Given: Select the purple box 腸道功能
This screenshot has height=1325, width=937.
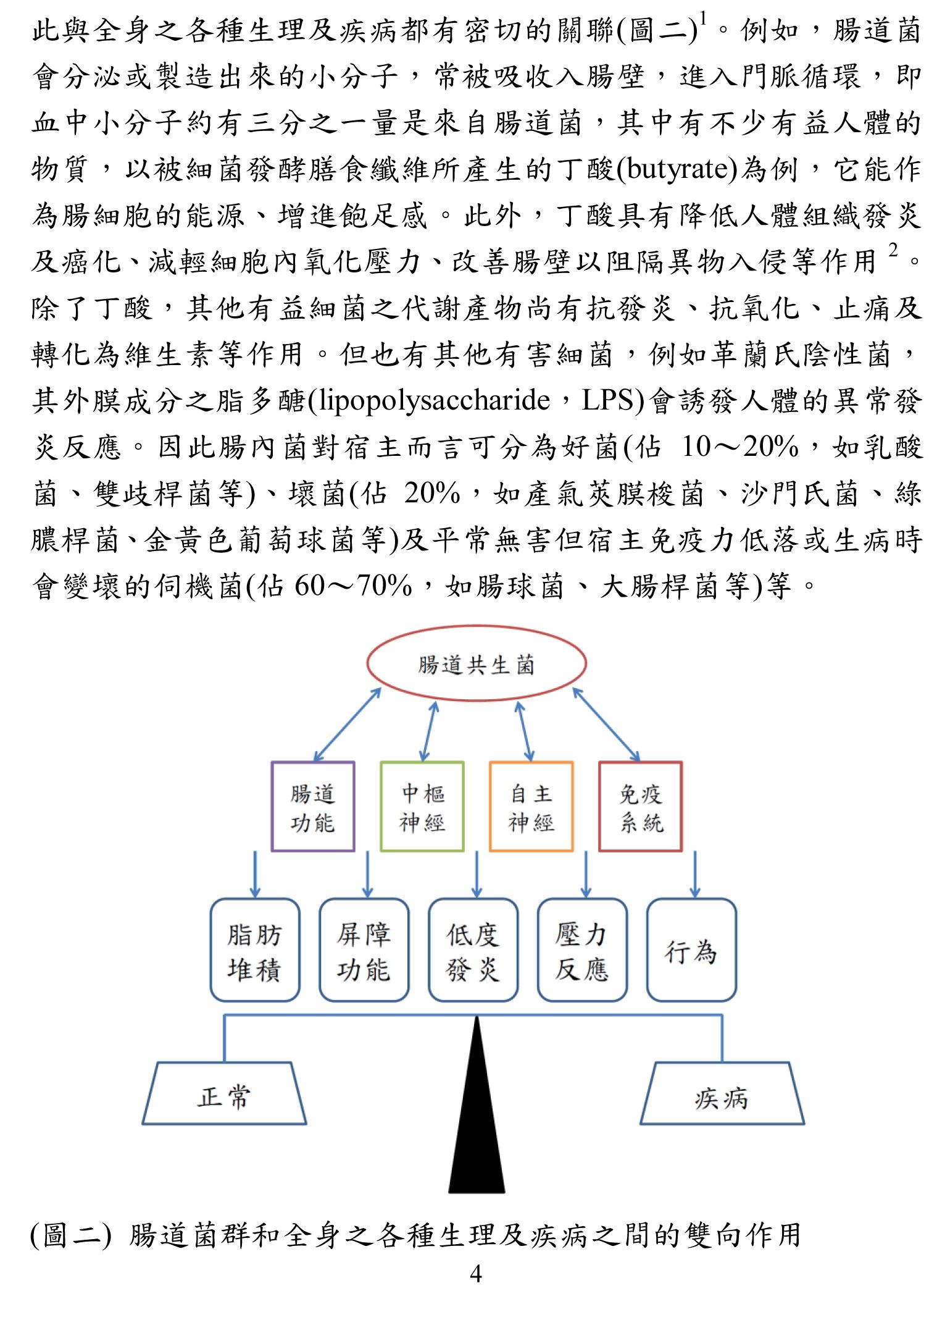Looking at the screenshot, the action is (272, 806).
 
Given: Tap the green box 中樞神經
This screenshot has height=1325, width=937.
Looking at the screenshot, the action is (381, 806).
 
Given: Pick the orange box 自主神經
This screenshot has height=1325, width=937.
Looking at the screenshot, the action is (490, 806).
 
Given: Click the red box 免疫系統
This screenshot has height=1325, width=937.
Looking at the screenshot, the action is (599, 806).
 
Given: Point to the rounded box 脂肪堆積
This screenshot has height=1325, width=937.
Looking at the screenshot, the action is (211, 950).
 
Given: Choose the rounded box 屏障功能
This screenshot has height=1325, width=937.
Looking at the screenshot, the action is (320, 950).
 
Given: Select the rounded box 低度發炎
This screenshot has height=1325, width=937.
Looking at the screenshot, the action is (430, 950).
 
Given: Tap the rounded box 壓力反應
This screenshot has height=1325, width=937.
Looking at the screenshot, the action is (539, 950).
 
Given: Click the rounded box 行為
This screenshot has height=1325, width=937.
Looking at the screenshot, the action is (648, 950).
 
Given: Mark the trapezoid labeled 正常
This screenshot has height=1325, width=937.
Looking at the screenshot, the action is (224, 1063).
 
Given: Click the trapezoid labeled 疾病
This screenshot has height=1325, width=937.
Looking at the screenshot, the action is (722, 1063).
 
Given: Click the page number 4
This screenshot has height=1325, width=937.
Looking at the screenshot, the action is (475, 1274).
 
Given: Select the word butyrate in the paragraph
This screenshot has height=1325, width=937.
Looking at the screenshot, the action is (677, 169).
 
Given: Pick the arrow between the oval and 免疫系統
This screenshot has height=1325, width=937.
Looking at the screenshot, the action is (606, 725).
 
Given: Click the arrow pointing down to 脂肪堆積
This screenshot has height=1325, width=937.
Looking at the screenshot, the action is (256, 875).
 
